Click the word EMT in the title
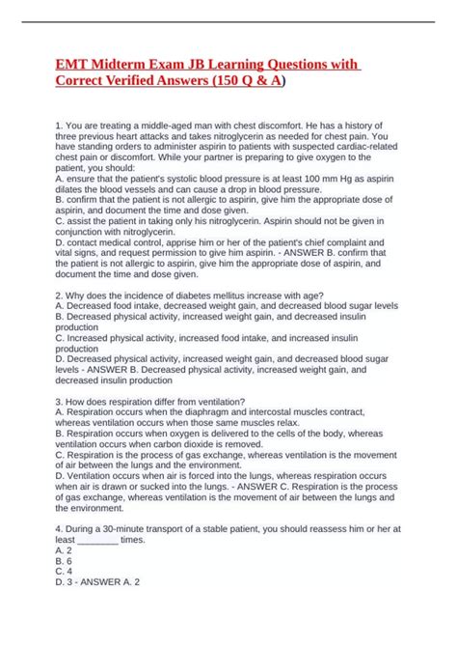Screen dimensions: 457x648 [x=70, y=64]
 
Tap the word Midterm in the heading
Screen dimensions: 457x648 [x=121, y=64]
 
